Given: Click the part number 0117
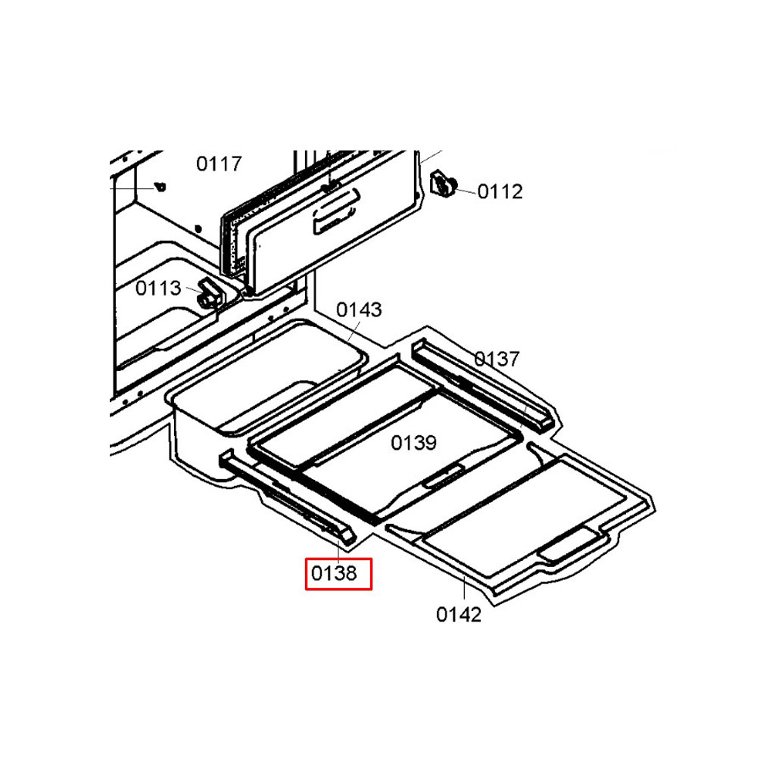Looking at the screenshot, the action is point(219,164).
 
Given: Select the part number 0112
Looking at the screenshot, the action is point(500,192).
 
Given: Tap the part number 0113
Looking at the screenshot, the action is point(158,288).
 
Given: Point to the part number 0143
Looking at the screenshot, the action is point(359,310).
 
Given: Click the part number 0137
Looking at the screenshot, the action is point(497,359).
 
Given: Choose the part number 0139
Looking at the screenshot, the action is point(414,443).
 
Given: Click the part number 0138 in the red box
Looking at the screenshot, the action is point(334,574).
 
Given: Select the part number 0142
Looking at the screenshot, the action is point(459,615).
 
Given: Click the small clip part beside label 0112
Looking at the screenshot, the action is point(443,183).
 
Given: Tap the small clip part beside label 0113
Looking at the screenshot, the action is point(210,293).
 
